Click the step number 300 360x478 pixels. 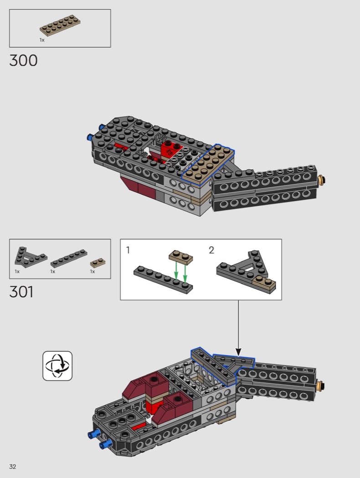tap(24, 61)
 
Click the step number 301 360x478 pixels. tap(21, 292)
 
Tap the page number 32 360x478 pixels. tap(12, 467)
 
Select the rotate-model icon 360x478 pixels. tap(57, 366)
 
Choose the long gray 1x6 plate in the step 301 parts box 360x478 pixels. tap(69, 258)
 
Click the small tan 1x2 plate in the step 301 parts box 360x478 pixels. tap(98, 263)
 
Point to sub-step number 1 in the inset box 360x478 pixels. tap(128, 250)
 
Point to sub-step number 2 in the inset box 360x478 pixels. tap(211, 250)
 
